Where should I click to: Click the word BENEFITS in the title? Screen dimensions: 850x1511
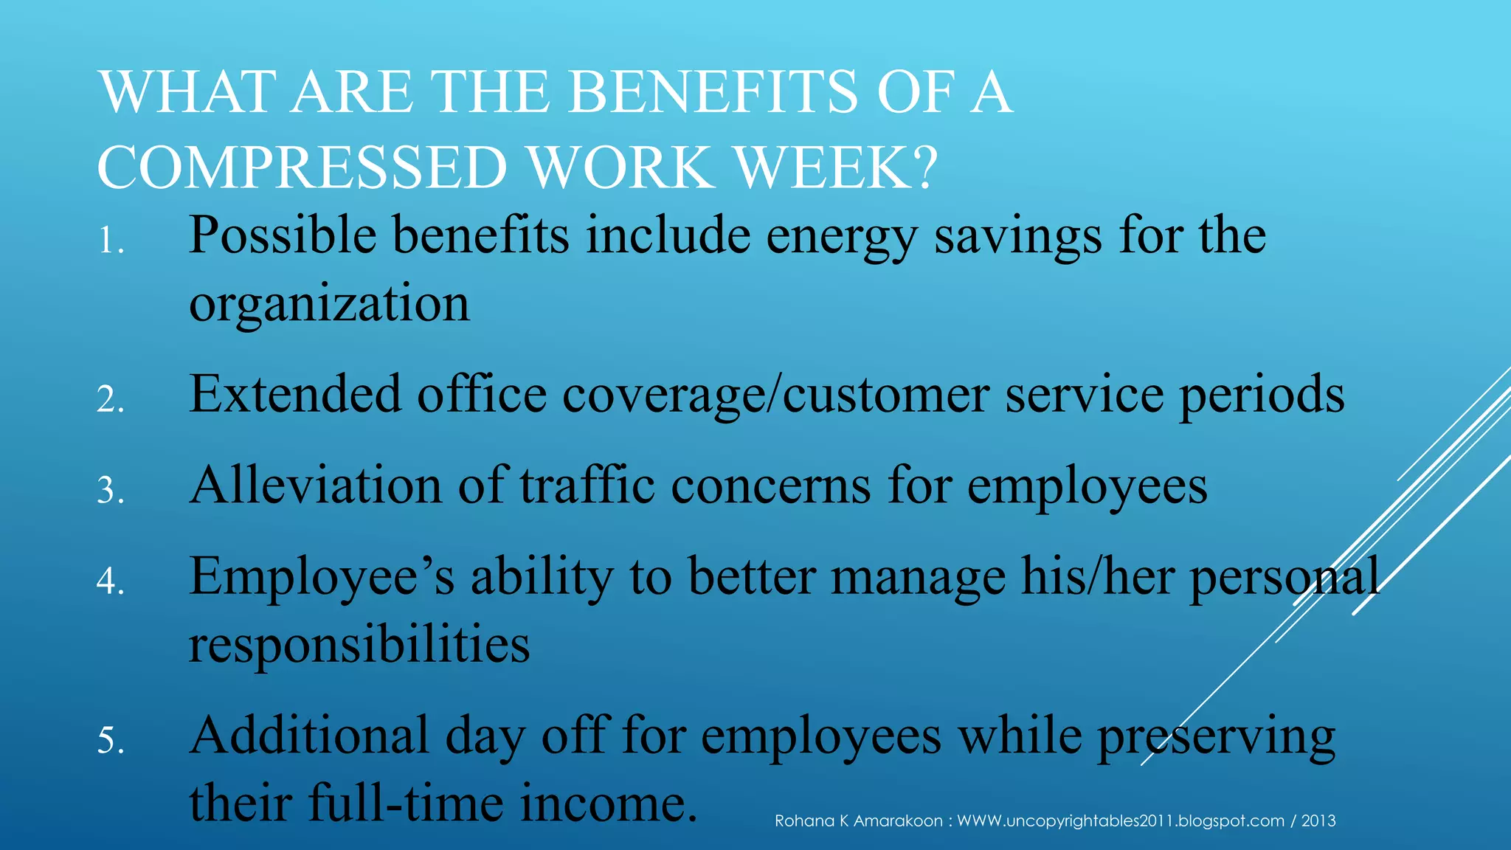click(x=713, y=92)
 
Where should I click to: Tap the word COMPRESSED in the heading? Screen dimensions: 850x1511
click(x=302, y=167)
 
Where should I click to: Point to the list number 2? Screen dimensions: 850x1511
click(x=110, y=401)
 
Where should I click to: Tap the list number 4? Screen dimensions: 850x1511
click(x=110, y=582)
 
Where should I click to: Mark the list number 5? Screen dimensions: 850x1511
click(x=110, y=741)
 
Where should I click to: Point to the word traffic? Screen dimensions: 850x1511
click(x=587, y=486)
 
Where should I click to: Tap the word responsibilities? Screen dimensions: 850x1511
click(x=359, y=644)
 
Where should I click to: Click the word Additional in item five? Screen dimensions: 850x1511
click(x=309, y=736)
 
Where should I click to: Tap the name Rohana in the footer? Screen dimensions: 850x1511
click(x=803, y=821)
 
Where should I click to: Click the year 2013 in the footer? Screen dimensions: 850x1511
click(x=1318, y=821)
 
